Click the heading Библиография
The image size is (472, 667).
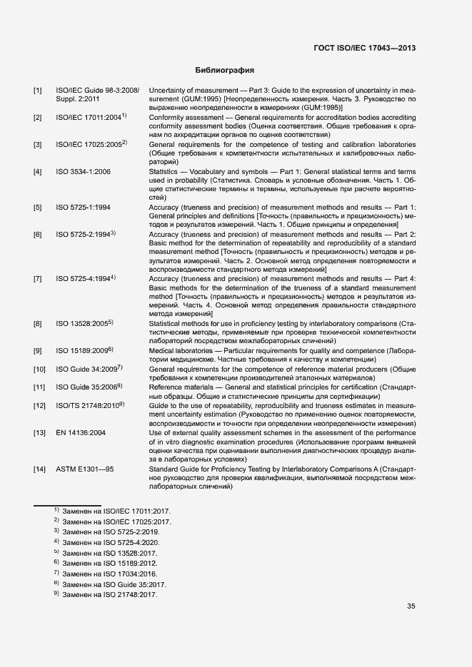coord(225,71)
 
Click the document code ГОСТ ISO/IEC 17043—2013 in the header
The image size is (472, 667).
coord(365,49)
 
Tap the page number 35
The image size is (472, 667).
coord(411,607)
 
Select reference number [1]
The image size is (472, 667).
coord(37,91)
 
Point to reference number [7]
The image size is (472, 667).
coord(37,278)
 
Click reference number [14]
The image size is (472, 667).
coord(39,469)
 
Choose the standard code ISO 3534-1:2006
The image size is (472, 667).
coord(83,172)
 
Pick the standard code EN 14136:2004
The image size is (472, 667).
coord(81,433)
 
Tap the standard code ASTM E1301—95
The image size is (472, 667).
coord(85,469)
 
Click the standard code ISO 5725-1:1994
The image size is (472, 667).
coord(83,208)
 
